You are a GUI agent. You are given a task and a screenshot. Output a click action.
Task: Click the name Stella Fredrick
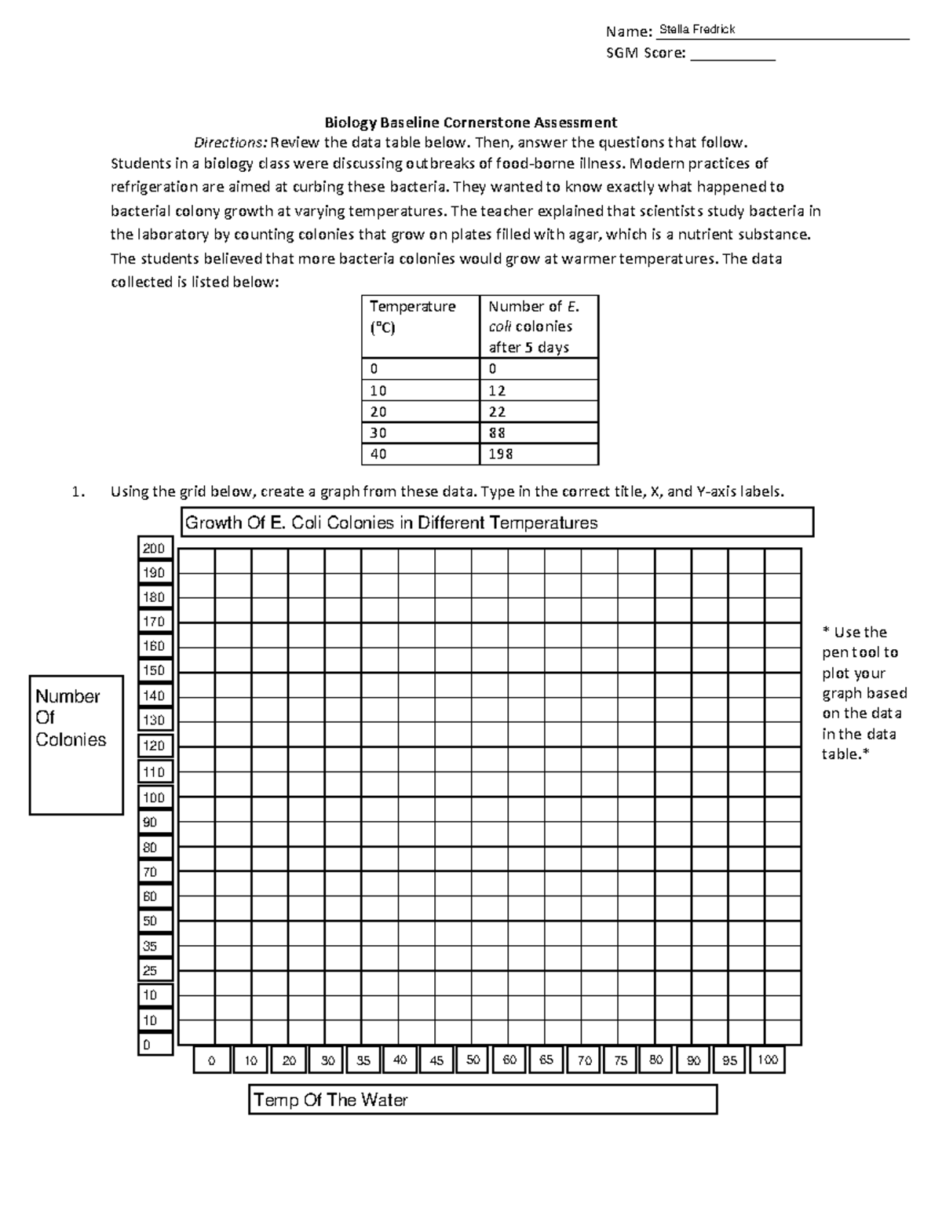[x=697, y=30]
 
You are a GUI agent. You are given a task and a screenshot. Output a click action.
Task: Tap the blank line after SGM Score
[x=732, y=54]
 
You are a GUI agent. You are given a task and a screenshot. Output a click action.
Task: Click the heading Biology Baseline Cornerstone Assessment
[x=471, y=122]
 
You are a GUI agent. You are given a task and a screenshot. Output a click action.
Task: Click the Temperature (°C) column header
[x=419, y=316]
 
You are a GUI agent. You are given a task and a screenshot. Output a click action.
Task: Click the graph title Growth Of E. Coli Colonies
[x=391, y=523]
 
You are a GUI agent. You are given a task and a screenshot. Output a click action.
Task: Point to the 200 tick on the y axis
[x=154, y=549]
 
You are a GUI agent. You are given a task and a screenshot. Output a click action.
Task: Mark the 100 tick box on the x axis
[x=767, y=1060]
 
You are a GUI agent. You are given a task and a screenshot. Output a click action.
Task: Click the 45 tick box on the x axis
[x=436, y=1060]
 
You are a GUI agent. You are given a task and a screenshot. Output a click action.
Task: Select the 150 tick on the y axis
[x=154, y=670]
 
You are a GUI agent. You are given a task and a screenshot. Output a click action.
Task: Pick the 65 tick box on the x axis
[x=546, y=1060]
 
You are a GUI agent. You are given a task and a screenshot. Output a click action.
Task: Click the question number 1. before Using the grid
[x=76, y=492]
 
